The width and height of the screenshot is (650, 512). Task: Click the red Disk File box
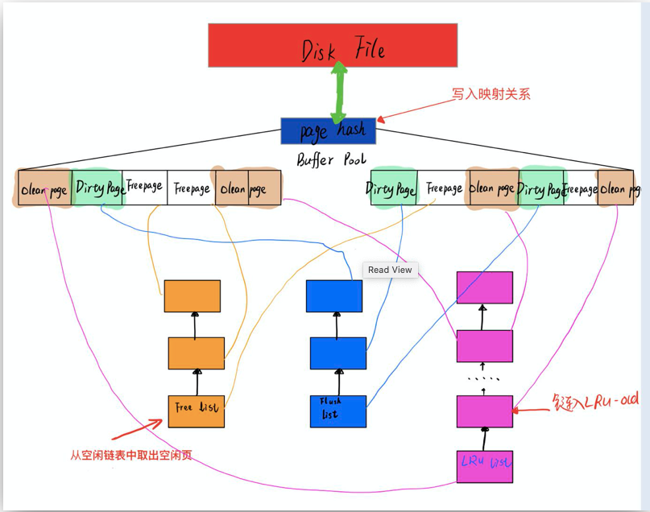coord(333,45)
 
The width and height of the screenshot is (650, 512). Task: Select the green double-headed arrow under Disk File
coord(339,93)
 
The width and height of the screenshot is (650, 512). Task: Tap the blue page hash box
coord(328,130)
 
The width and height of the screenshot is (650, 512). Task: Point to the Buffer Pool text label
coord(331,159)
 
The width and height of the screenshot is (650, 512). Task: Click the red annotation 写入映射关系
coord(491,94)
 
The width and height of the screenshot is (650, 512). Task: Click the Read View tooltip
coord(390,270)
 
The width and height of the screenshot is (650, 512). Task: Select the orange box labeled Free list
coord(196,411)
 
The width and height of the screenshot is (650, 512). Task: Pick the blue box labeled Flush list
coord(338,411)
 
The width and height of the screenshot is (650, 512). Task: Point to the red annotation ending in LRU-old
coord(584,400)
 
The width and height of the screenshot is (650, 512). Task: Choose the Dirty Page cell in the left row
coord(98,188)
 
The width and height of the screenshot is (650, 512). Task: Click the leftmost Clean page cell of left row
coord(44,189)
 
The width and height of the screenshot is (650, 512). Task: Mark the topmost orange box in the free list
coord(192,296)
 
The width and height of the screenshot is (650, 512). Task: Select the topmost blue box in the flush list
coord(334,295)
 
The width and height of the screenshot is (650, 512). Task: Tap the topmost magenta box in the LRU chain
coord(484,287)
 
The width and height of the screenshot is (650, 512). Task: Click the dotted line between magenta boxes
coord(484,378)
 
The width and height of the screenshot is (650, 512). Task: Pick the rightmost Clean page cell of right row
coord(619,188)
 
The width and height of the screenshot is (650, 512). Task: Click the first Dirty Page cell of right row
coord(393,188)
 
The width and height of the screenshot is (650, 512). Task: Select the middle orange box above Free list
coord(196,353)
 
